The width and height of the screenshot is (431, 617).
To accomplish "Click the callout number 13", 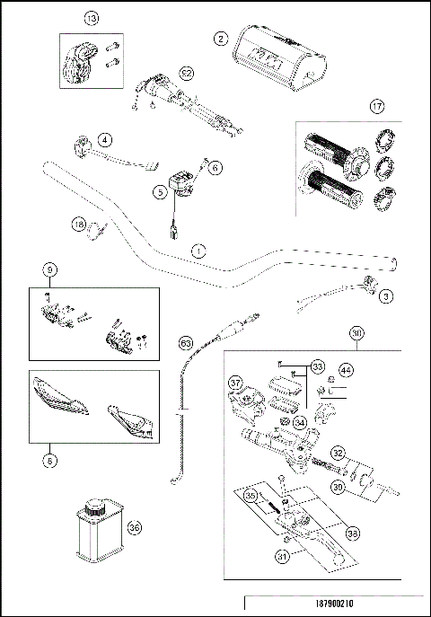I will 90,18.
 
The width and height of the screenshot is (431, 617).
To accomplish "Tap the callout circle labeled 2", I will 219,38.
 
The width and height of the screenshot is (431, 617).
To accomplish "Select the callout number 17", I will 378,107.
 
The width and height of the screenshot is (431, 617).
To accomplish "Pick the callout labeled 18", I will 79,225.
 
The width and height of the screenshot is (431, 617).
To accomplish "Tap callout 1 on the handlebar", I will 198,251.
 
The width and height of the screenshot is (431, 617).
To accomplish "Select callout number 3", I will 385,295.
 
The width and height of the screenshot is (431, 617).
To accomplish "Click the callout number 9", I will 50,269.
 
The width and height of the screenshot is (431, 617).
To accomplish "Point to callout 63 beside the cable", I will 186,342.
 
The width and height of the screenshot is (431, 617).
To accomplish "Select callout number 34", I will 300,422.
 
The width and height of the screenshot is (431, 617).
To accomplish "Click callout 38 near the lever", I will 352,533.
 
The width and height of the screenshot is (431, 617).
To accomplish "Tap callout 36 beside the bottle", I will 135,528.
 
